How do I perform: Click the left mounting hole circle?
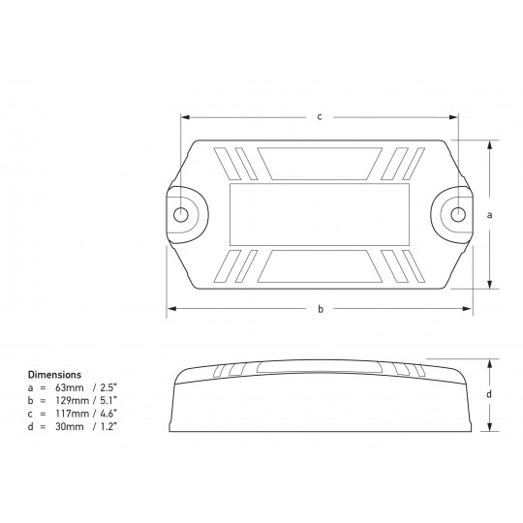[x=181, y=214]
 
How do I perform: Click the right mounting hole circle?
[x=458, y=214]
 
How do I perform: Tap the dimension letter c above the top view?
[x=320, y=117]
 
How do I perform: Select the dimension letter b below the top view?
[x=321, y=309]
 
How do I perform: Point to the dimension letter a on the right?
[x=489, y=215]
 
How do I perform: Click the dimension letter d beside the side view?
[x=489, y=394]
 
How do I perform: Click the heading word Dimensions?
[x=54, y=375]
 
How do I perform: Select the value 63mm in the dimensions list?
[x=70, y=387]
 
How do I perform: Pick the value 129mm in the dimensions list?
[x=72, y=400]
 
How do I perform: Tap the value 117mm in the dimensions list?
[x=72, y=414]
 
